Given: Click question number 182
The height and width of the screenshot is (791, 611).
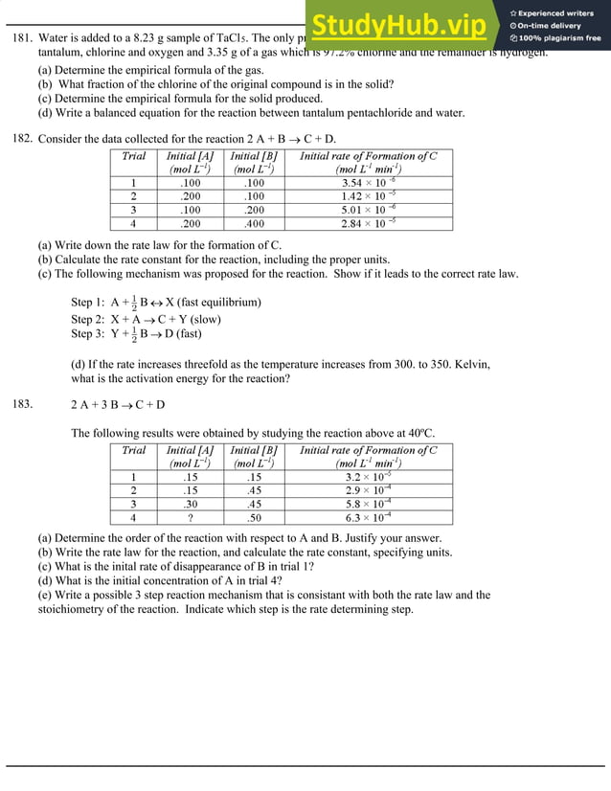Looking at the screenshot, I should (x=22, y=139).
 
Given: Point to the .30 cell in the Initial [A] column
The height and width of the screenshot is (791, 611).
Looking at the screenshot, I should (x=191, y=504).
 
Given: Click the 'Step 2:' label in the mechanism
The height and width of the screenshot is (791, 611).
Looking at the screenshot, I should (x=88, y=319).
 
